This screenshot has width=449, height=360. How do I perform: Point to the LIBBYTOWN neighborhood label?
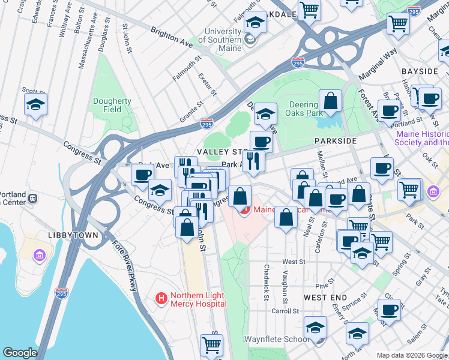pyautogui.click(x=74, y=235)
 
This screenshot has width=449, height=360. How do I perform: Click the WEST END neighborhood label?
pyautogui.click(x=325, y=298)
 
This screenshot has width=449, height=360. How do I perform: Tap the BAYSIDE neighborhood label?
pyautogui.click(x=420, y=71)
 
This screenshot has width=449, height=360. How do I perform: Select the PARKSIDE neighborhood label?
pyautogui.click(x=335, y=141)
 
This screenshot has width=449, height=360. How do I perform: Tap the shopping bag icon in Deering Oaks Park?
pyautogui.click(x=330, y=102)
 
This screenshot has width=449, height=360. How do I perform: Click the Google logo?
pyautogui.click(x=20, y=353)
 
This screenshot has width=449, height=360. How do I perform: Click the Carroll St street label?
pyautogui.click(x=285, y=311)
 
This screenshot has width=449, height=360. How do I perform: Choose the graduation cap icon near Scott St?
pyautogui.click(x=35, y=104)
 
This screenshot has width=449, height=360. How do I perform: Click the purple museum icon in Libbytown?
pyautogui.click(x=40, y=256)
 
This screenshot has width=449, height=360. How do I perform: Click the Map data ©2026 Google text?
pyautogui.click(x=412, y=355)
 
